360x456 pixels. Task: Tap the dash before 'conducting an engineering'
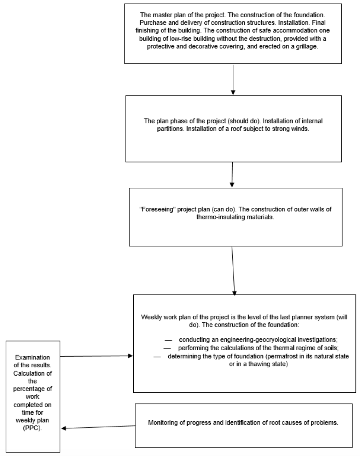[x=168, y=340]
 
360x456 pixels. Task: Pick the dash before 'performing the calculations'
[x=167, y=349]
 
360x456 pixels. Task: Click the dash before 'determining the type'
[x=157, y=357]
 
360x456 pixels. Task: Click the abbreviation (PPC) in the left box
[x=33, y=428]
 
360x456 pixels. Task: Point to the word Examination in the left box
[x=33, y=357]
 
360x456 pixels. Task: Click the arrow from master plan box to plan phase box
[x=233, y=80]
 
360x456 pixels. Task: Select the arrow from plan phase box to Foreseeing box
[x=232, y=175]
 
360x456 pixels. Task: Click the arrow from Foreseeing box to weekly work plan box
[x=233, y=271]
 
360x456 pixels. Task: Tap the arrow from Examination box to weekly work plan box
[x=96, y=356]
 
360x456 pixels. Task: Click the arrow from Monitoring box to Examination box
[x=98, y=427]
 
